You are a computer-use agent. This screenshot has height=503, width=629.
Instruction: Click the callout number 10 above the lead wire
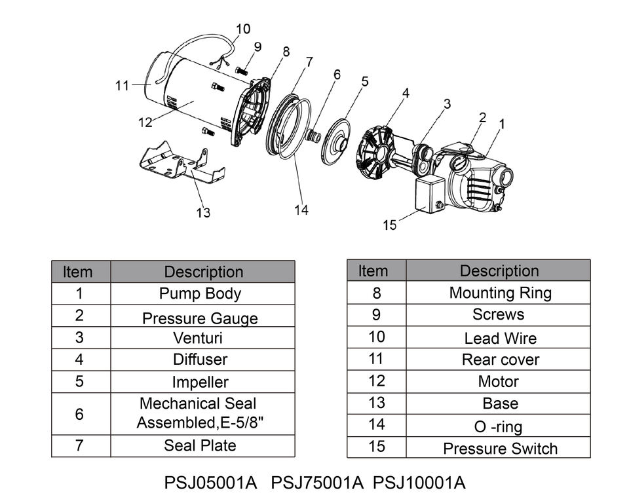[242, 29]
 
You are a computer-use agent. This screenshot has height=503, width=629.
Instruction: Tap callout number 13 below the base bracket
[203, 212]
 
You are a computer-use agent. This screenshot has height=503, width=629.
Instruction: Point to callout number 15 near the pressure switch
[390, 225]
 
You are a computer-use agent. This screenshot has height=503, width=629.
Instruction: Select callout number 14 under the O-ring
[301, 210]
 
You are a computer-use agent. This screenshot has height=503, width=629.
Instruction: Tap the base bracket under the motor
[180, 164]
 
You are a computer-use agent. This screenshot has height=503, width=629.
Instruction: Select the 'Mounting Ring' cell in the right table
[500, 292]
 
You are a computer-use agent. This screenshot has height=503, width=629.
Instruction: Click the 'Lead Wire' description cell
[500, 339]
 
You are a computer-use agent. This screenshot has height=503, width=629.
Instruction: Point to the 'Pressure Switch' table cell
[500, 449]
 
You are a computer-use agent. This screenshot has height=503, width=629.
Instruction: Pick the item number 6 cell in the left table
[80, 414]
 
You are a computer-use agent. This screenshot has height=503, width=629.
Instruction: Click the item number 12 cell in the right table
[376, 381]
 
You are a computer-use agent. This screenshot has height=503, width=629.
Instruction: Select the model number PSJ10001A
[419, 483]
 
